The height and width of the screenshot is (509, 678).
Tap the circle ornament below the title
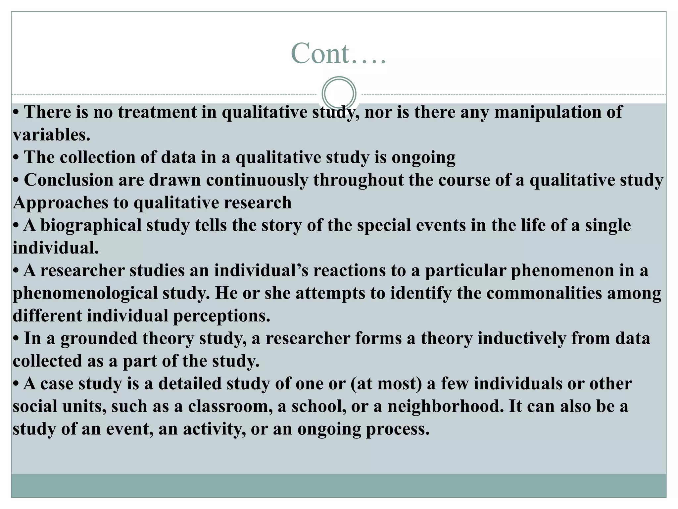339,94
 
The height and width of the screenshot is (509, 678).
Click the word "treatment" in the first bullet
157,112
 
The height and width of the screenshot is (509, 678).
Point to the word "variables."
52,135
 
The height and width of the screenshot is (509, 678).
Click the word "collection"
98,157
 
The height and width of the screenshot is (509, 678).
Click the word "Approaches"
60,202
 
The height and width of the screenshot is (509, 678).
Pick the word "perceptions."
221,316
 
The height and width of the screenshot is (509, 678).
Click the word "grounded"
99,338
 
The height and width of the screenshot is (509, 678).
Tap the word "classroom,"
230,406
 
